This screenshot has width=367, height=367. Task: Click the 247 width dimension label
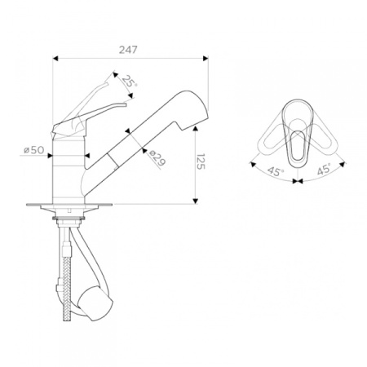pyautogui.click(x=128, y=50)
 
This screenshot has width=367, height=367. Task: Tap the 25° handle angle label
pyautogui.click(x=130, y=82)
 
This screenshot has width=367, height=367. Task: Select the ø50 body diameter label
pyautogui.click(x=33, y=150)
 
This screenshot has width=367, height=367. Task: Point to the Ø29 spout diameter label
pyautogui.click(x=157, y=158)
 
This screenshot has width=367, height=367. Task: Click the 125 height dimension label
pyautogui.click(x=201, y=161)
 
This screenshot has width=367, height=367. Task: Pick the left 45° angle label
pyautogui.click(x=276, y=171)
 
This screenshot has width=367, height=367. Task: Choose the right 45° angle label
pyautogui.click(x=324, y=169)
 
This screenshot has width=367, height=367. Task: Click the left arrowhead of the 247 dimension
pyautogui.click(x=55, y=58)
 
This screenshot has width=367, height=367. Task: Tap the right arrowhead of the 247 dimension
pyautogui.click(x=206, y=58)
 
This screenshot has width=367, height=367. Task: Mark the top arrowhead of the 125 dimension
pyautogui.click(x=195, y=129)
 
